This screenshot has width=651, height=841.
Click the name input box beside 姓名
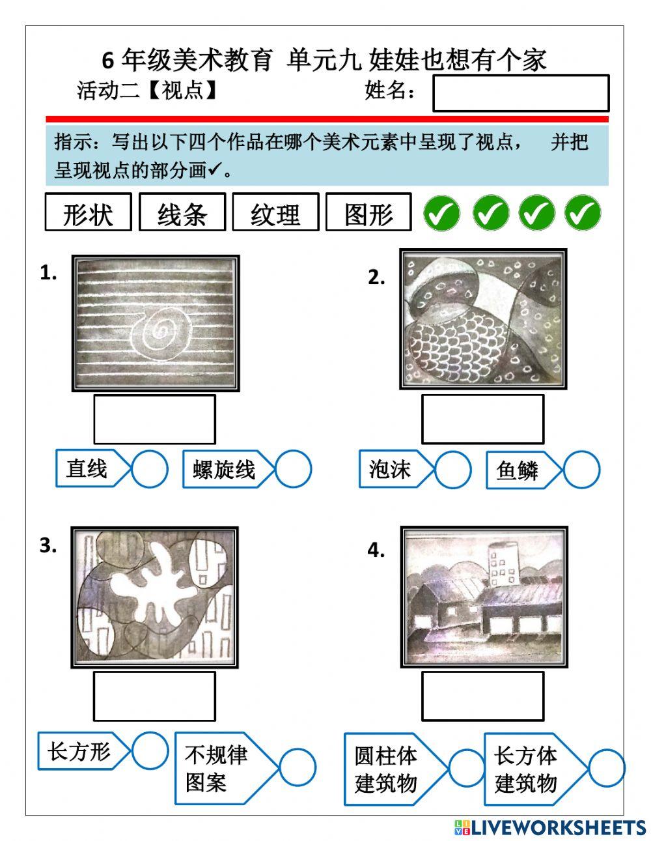pos(520,93)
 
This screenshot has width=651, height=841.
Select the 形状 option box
pos(88,212)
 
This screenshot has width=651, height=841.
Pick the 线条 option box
pos(182,212)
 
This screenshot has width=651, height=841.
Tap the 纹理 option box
pos(275,212)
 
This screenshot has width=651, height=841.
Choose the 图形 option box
pos(368,212)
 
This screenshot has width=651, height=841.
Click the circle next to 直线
pos(150,469)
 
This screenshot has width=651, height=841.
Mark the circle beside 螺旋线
pos(293,469)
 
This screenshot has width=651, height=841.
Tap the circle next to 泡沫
pos(452,470)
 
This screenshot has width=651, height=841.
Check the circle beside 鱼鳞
pos(581,470)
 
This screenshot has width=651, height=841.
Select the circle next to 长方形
pos(150,750)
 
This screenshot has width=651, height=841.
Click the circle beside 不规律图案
pos(298,767)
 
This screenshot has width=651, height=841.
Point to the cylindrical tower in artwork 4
pos(503,562)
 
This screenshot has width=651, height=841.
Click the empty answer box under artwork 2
pos(482,420)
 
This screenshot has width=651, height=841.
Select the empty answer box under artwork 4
pos(482,696)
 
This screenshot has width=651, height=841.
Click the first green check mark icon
pos(441,213)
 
